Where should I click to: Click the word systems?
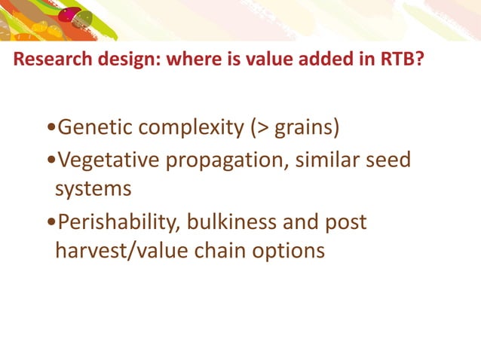pyautogui.click(x=93, y=188)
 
